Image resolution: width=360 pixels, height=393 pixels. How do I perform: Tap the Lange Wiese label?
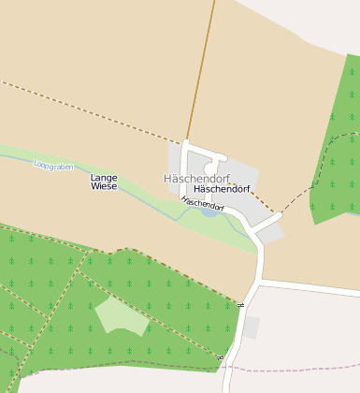tap(104, 182)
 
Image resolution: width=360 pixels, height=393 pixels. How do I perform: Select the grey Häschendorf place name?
tap(196, 178)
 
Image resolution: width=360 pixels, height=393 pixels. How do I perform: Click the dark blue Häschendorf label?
tap(222, 189)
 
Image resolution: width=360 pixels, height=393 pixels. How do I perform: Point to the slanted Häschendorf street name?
tap(203, 203)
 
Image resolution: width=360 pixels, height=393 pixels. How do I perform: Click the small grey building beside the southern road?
tap(252, 327)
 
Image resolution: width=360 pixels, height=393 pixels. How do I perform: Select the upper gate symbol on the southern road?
tap(240, 305)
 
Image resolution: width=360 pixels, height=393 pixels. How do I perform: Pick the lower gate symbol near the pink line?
tap(221, 358)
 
